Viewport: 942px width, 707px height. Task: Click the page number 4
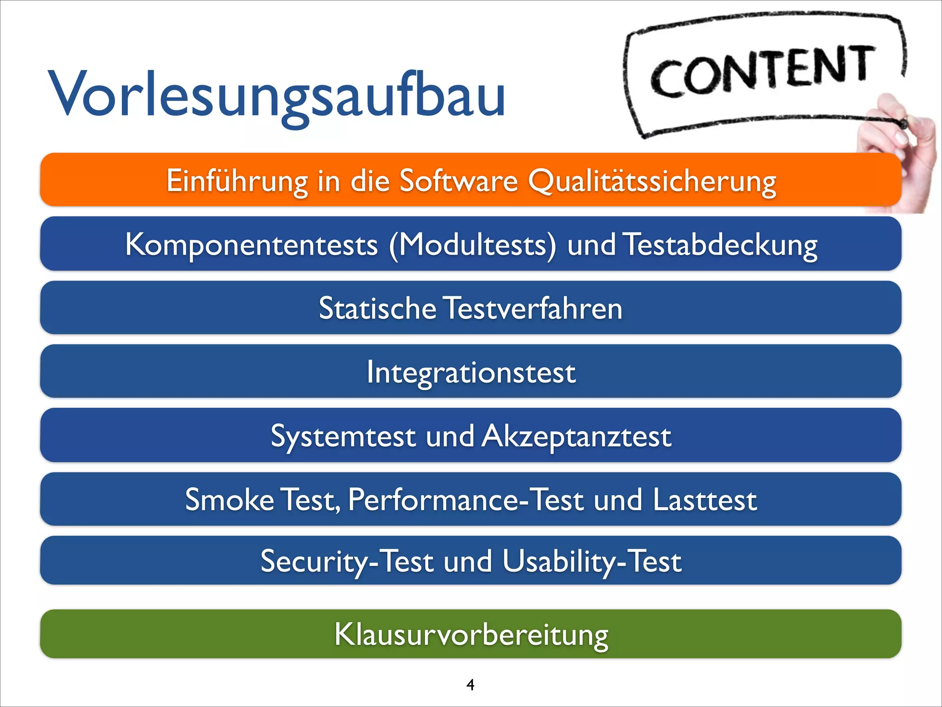point(470,684)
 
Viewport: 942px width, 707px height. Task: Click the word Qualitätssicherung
point(652,181)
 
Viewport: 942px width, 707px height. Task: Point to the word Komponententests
point(251,244)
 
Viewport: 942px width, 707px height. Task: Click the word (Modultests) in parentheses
point(472,244)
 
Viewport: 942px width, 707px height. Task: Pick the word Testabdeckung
point(721,244)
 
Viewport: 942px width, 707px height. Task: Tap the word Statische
point(377,308)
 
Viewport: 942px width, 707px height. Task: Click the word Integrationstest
point(471,372)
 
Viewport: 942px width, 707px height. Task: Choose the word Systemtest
point(343,436)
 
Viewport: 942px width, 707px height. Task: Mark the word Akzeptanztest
point(576,436)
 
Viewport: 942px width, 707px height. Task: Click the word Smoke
point(230,499)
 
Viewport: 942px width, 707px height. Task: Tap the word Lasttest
point(705,499)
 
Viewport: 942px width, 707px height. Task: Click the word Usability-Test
point(592,561)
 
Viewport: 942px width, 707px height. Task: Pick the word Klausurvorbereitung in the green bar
point(471,634)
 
